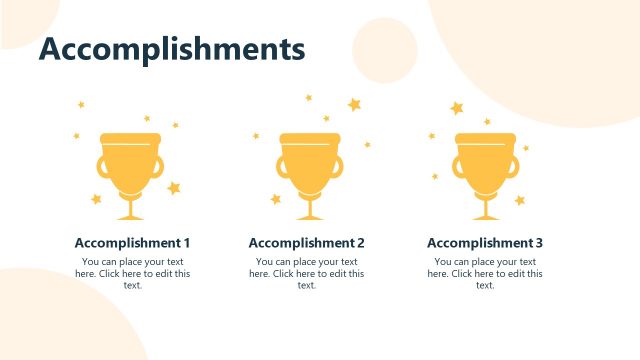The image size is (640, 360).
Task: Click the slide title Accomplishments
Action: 171,48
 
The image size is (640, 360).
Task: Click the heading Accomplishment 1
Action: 132,243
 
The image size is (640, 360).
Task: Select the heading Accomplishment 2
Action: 306,243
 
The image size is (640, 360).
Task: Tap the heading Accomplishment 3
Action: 485,243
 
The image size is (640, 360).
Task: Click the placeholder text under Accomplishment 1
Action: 132,273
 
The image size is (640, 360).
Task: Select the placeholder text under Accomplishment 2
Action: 306,273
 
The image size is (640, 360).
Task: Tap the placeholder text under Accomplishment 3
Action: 485,273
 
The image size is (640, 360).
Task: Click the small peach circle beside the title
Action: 384,50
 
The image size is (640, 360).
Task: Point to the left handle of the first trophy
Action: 102,167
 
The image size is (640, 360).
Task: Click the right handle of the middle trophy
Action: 337,167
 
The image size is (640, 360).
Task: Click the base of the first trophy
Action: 130,216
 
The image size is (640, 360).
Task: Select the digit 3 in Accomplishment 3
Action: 539,243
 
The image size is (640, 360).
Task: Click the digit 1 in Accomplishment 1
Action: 186,243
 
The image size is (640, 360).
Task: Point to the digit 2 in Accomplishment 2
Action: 360,243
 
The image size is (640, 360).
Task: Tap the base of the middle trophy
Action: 308,216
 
